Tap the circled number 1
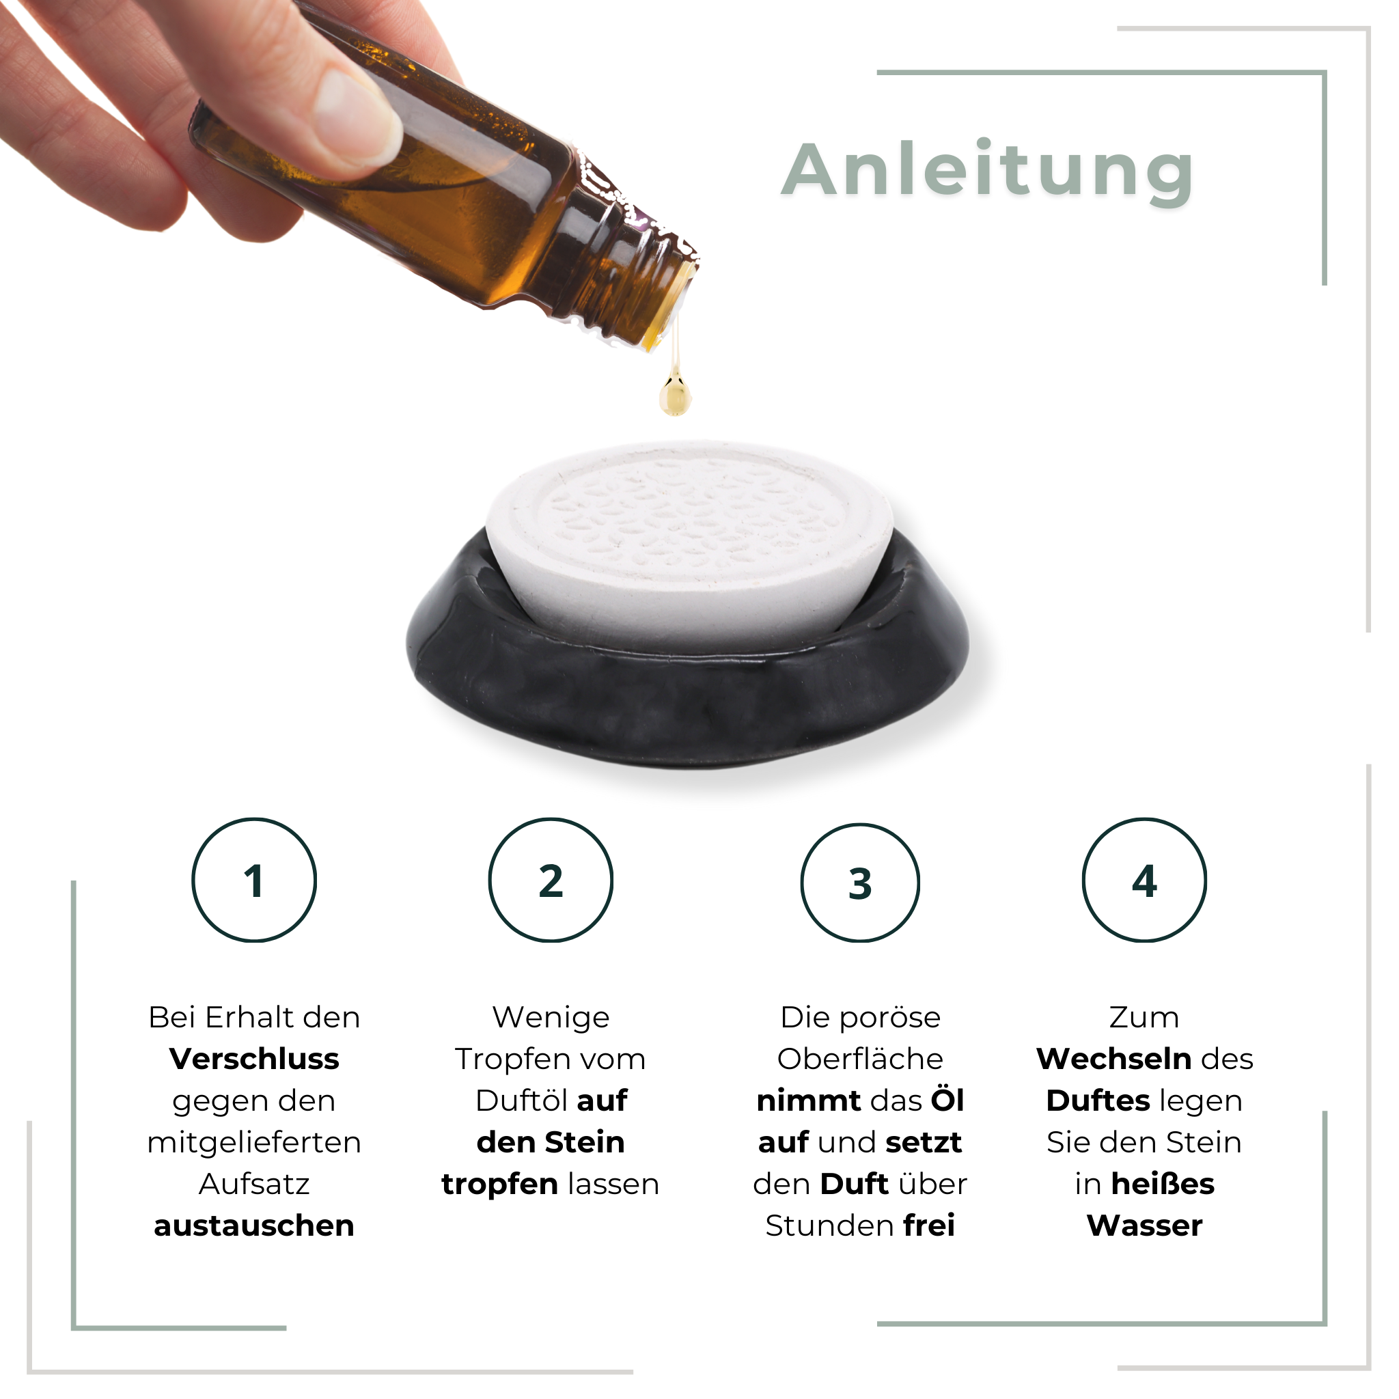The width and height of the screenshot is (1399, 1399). click(x=254, y=881)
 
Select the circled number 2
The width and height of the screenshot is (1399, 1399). click(x=551, y=881)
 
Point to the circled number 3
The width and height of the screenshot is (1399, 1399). click(x=860, y=884)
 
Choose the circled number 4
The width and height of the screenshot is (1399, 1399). click(x=1145, y=881)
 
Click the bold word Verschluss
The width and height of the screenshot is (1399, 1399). click(x=254, y=1059)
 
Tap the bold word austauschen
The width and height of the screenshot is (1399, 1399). click(x=254, y=1226)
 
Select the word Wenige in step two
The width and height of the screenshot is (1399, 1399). click(x=551, y=1017)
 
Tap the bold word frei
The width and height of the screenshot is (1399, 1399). click(x=929, y=1226)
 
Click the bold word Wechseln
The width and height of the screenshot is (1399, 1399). click(x=1113, y=1059)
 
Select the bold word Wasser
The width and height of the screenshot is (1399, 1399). click(x=1145, y=1226)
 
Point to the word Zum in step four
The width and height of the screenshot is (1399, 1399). click(x=1145, y=1017)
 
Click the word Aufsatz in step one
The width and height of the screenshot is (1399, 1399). click(x=254, y=1185)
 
